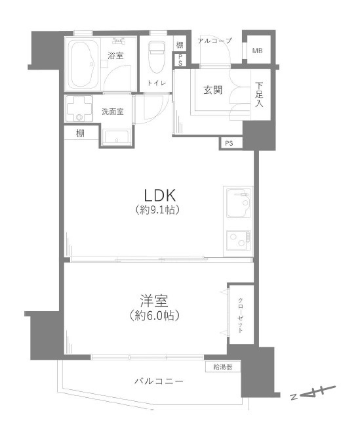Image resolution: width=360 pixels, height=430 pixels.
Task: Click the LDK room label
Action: pos(159,196)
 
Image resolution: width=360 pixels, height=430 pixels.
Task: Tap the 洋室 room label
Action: pos(155,302)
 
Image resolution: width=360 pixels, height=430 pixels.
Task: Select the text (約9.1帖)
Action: pos(159,211)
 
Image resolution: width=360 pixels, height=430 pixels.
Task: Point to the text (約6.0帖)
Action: pos(155,316)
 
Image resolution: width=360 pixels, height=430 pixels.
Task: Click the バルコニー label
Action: pos(159,381)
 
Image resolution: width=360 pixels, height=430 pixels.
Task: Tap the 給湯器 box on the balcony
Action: pos(223,366)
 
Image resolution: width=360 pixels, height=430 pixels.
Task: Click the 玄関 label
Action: pos(212,90)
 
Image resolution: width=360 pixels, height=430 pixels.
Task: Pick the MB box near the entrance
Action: pos(257,50)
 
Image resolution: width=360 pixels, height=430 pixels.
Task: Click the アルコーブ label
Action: pos(214,41)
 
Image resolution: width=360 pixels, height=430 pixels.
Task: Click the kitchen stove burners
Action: pos(237,242)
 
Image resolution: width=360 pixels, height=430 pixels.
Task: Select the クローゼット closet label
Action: pos(241,314)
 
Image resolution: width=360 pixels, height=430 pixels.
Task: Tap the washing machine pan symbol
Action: pos(81,109)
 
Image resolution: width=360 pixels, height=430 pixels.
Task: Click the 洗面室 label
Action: pos(112,112)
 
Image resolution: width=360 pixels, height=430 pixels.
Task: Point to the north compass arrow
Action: pos(314,395)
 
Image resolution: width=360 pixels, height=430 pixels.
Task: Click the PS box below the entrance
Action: pos(229,143)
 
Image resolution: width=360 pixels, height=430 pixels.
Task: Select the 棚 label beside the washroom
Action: pos(79,135)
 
